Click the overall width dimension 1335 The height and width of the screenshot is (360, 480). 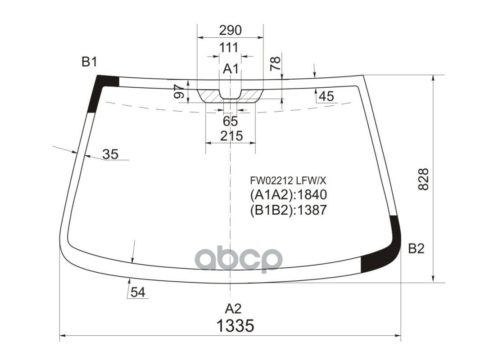(x=235, y=325)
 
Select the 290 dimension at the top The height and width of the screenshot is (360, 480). (x=230, y=30)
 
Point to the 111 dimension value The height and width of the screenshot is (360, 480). (x=229, y=47)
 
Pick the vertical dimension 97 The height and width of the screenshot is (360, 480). (x=178, y=92)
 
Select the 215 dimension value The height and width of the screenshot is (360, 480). (x=231, y=135)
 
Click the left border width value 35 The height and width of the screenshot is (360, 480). (x=110, y=154)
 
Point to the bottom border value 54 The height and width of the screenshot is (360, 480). (x=138, y=292)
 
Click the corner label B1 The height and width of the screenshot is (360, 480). (x=89, y=62)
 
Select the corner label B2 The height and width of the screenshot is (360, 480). (x=416, y=248)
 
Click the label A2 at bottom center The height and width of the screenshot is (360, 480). (x=233, y=309)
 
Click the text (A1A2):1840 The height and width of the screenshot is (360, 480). (x=288, y=195)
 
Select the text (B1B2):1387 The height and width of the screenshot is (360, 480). (x=288, y=210)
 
